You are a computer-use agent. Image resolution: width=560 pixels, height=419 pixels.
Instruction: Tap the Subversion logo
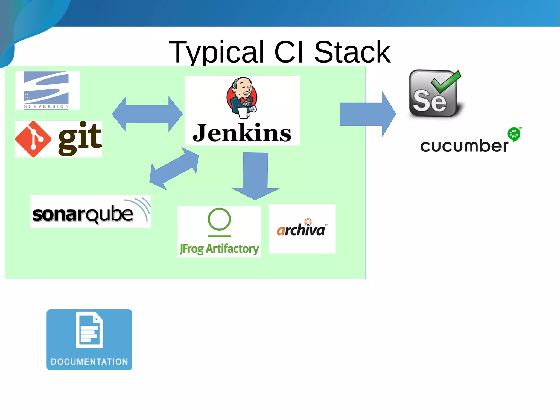click(47, 90)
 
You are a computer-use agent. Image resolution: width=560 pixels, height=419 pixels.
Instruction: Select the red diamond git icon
click(33, 139)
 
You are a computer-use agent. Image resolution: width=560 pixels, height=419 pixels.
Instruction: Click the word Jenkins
click(242, 133)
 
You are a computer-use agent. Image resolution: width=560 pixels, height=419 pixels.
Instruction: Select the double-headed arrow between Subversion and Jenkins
click(147, 114)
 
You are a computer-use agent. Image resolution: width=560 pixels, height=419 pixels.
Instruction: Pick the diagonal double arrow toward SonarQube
click(174, 168)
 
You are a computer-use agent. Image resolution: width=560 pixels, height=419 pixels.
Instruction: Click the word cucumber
click(464, 146)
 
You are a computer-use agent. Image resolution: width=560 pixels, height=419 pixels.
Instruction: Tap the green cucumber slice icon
click(514, 134)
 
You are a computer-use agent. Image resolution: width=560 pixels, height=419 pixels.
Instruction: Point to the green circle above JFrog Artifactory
click(219, 219)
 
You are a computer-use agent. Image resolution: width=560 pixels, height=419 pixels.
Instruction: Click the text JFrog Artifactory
click(219, 249)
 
